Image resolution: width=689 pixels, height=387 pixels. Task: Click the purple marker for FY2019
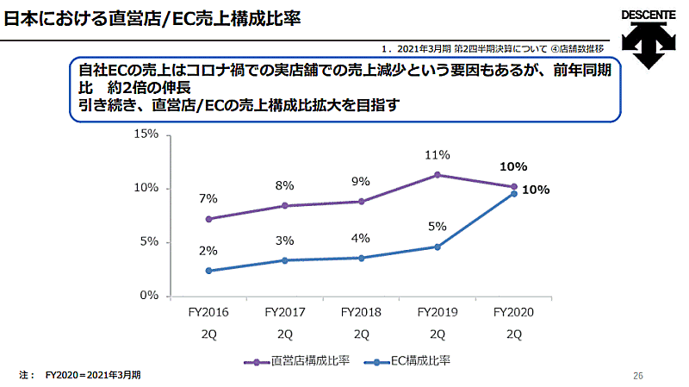pos(438,175)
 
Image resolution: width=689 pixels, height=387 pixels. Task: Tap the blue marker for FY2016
pos(208,271)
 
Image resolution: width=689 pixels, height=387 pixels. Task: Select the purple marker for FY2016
pos(208,219)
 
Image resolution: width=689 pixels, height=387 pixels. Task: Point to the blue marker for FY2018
pos(361,258)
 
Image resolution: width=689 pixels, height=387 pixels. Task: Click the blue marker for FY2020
pos(514,193)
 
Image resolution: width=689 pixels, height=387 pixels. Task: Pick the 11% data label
pos(437,155)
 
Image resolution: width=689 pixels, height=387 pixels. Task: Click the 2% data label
pos(208,251)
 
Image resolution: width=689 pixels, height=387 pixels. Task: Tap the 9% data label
pos(360,181)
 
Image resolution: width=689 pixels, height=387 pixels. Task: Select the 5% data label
pos(437,227)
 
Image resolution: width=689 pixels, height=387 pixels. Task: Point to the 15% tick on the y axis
pos(146,134)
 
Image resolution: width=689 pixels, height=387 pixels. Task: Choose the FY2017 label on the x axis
pos(284,312)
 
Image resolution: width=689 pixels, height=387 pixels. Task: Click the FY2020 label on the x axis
pos(513,312)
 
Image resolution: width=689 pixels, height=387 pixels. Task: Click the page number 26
pos(638,376)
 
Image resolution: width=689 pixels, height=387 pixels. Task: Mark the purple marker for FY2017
pos(285,206)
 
